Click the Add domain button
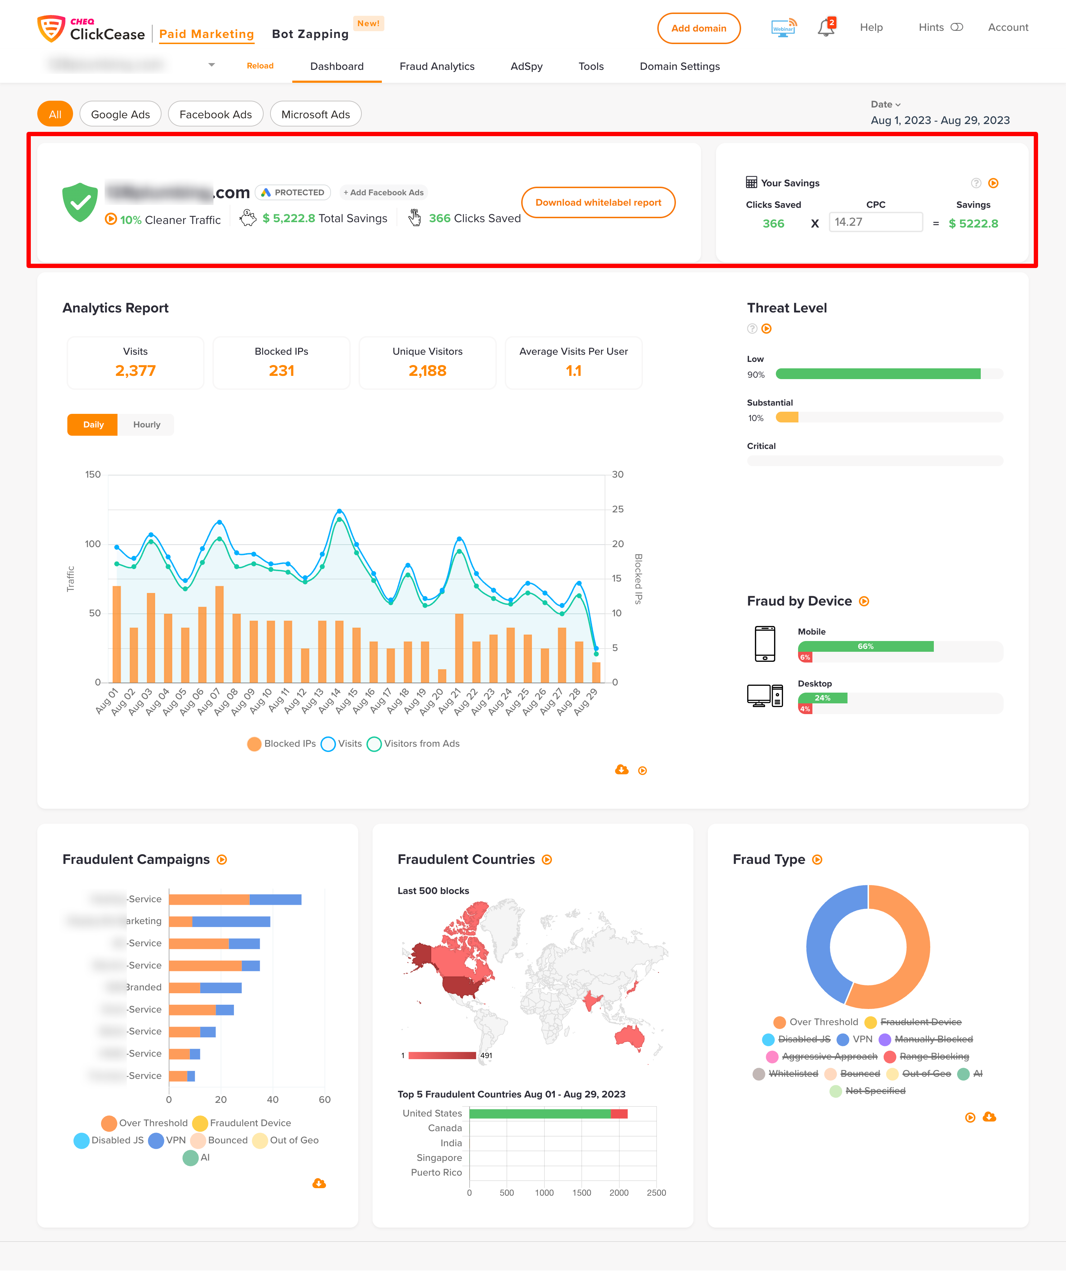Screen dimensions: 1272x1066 pos(698,28)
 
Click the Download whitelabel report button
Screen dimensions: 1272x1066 pos(598,202)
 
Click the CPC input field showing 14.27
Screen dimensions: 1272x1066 pos(875,222)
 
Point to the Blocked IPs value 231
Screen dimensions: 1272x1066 pos(281,371)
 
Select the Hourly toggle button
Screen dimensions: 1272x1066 pos(147,425)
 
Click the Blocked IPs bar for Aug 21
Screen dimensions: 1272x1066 pos(459,648)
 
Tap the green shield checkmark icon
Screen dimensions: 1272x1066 pos(80,202)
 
